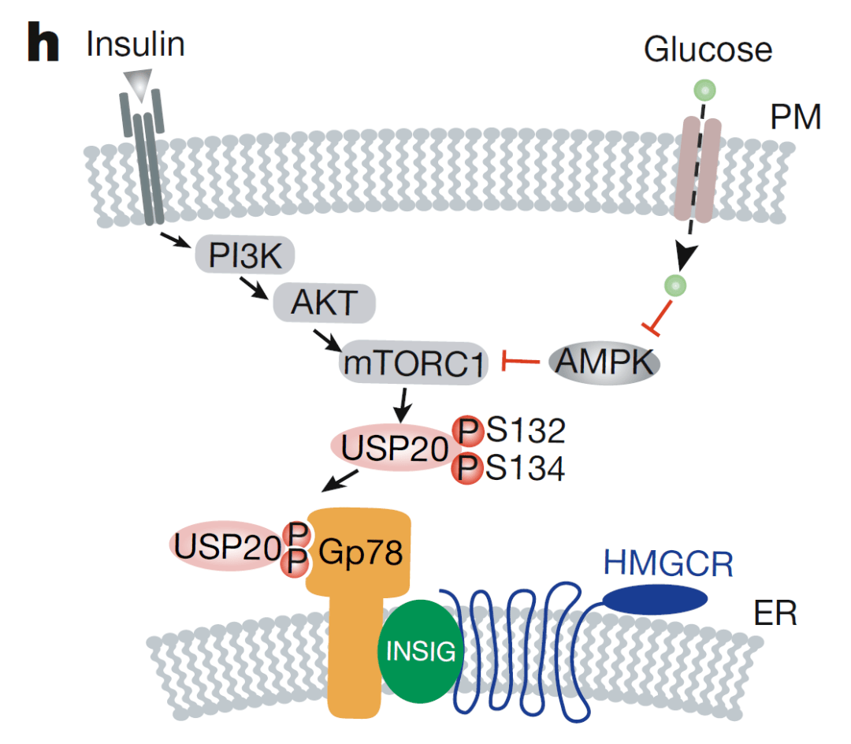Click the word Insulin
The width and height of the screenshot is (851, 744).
tap(136, 45)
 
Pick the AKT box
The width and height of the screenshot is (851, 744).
tap(325, 303)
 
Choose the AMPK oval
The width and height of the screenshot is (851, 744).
tap(604, 363)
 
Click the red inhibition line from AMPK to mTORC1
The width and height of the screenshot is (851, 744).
tap(520, 363)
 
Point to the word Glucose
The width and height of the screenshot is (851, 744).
tap(707, 50)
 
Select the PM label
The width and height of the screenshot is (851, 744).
tap(796, 118)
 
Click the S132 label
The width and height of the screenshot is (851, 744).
tap(525, 430)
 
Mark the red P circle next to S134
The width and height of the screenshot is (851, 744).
tap(467, 469)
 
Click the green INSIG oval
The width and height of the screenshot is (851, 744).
tap(420, 650)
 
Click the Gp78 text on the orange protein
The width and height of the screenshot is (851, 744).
tap(361, 553)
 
